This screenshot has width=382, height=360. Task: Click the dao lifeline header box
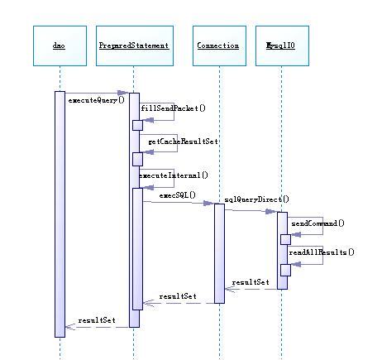tap(59, 46)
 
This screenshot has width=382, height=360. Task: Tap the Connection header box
tap(218, 46)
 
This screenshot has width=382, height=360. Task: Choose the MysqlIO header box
tap(281, 46)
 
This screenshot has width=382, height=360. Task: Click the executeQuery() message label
tap(96, 100)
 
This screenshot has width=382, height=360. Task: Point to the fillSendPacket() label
tap(173, 108)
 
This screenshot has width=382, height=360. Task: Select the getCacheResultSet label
tap(183, 142)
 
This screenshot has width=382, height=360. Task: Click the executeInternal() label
tap(173, 175)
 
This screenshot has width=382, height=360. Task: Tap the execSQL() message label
tap(177, 195)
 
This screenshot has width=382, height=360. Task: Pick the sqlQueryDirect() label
tap(257, 201)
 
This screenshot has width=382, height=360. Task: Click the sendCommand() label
tap(318, 223)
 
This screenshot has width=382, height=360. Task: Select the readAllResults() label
tap(322, 252)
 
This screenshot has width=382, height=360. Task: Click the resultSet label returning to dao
tap(97, 319)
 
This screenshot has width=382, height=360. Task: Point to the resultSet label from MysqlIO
tap(251, 282)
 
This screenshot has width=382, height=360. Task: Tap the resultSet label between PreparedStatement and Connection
tap(178, 295)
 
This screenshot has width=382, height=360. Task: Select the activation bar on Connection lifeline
tap(219, 252)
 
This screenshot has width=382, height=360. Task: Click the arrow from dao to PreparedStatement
tap(96, 93)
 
